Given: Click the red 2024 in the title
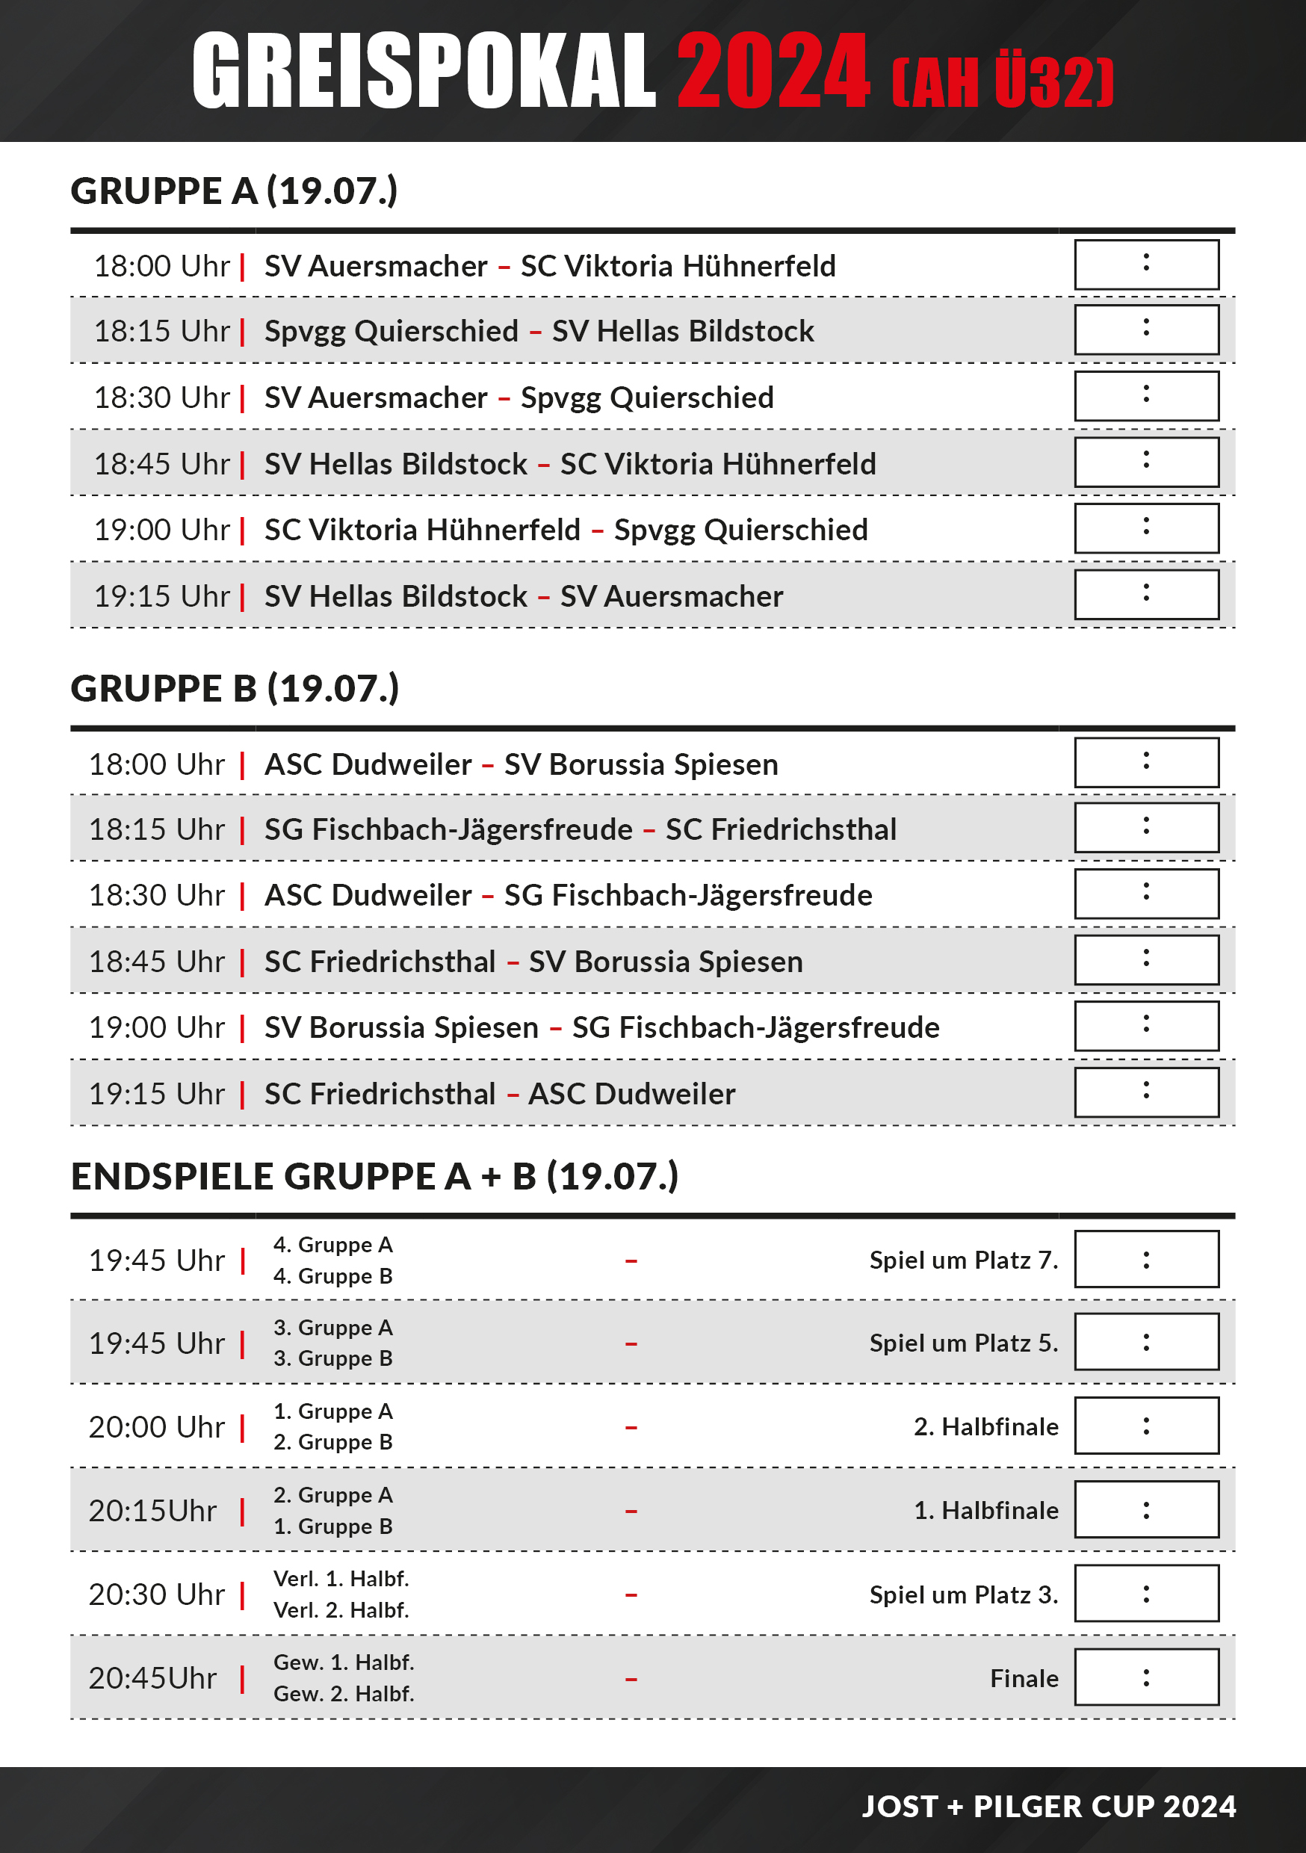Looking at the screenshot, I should click(773, 71).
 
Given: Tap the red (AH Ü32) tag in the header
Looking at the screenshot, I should click(1002, 82).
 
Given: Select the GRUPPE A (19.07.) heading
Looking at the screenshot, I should click(234, 191).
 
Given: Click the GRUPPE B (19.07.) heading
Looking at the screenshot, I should click(235, 688).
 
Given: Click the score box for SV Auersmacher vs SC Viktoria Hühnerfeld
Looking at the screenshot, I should click(1146, 265).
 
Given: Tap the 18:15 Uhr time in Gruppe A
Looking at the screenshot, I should click(161, 331).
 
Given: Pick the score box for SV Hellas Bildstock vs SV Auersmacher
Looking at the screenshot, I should click(1146, 595).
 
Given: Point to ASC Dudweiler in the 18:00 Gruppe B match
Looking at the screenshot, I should click(368, 764).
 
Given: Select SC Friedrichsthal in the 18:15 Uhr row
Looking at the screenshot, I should click(781, 829).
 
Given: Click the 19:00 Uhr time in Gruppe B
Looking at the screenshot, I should click(157, 1027).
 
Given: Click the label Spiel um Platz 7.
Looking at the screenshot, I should click(963, 1260).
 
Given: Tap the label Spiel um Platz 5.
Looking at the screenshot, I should click(963, 1343).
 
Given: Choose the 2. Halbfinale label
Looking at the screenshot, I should click(985, 1427).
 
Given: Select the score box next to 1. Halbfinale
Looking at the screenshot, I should click(1146, 1510).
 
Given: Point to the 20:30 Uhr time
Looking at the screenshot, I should click(157, 1594).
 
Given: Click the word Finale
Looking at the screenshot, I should click(1024, 1679).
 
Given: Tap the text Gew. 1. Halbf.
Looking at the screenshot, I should click(344, 1662).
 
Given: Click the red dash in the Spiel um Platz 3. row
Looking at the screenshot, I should click(631, 1594).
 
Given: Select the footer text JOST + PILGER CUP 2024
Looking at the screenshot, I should click(1048, 1806).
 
